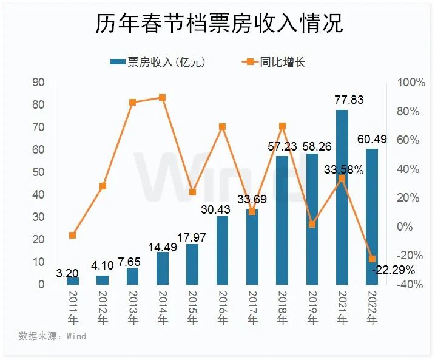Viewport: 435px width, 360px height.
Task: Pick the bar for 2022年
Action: click(x=372, y=216)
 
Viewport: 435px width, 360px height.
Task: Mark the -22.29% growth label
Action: click(x=393, y=270)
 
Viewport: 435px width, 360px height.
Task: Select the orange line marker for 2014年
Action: click(x=162, y=97)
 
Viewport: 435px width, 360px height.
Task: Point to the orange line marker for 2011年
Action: click(x=73, y=235)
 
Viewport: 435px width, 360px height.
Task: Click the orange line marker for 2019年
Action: click(x=312, y=224)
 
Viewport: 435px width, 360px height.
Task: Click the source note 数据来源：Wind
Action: click(x=52, y=336)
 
